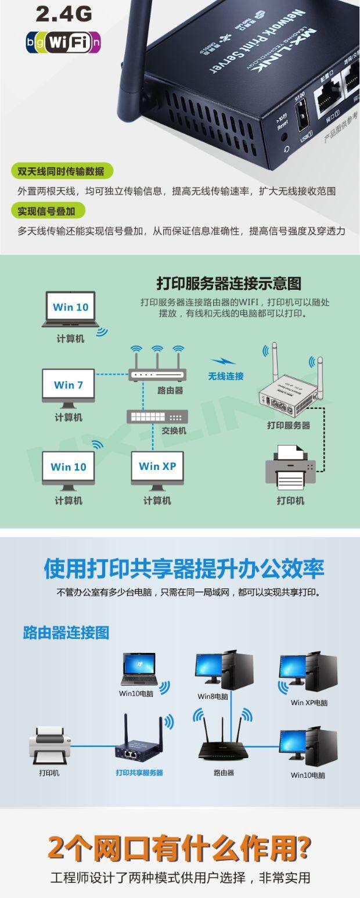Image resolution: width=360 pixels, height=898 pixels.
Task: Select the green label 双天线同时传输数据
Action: [x=61, y=171]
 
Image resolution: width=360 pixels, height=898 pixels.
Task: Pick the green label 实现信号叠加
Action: [x=51, y=210]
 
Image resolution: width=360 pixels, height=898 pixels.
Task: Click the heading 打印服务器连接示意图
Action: [x=229, y=284]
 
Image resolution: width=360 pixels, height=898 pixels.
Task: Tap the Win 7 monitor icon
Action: [x=69, y=386]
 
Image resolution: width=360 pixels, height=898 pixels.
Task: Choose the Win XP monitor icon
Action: [x=157, y=468]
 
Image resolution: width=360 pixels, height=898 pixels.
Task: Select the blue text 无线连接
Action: [x=226, y=376]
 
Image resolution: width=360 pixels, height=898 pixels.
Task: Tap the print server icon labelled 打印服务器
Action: [x=289, y=395]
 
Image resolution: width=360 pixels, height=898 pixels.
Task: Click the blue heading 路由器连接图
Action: [x=66, y=633]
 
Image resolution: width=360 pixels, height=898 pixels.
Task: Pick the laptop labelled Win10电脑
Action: [x=139, y=670]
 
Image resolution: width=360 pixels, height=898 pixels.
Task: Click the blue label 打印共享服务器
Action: [x=139, y=773]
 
